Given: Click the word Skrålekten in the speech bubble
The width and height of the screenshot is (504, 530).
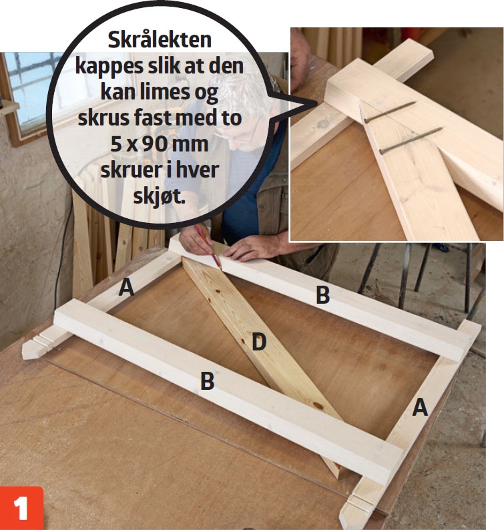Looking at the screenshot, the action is pos(160,41).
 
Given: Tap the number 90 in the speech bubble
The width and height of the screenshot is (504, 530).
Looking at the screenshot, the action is pos(154,145).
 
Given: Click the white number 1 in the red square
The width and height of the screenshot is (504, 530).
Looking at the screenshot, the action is pos(20,509).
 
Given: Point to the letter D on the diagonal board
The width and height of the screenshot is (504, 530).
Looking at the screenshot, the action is pos(259,342).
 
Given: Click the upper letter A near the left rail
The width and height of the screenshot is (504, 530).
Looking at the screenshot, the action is pos(126,288).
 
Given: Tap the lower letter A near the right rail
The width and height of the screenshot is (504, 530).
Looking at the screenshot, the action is pos(420,407).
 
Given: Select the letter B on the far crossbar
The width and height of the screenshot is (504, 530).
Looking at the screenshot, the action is pos(322,295).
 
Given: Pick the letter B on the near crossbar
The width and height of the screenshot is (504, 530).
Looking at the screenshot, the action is pos(207,380).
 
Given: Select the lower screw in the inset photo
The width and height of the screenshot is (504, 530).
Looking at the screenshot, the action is pos(411,140).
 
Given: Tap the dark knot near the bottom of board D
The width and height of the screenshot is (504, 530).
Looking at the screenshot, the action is pos(317,405).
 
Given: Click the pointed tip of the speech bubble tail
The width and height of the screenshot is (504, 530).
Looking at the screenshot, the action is pos(317,103).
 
